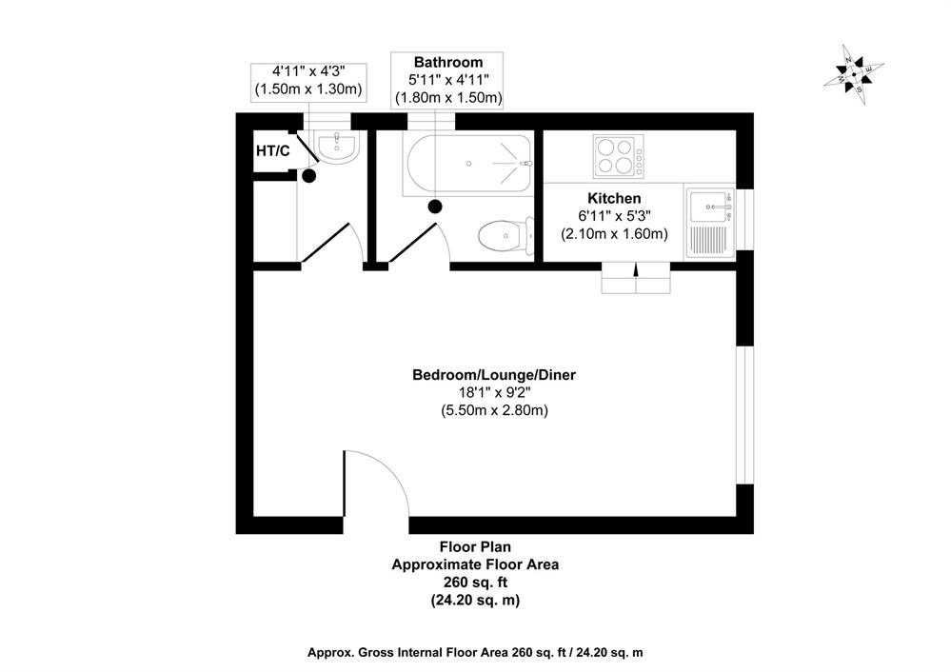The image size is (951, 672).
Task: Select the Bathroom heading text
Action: [447, 63]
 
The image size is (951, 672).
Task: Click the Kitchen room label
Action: [613, 198]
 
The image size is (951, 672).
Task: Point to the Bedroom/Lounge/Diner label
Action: [494, 375]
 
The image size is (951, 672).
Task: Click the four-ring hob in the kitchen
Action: [617, 156]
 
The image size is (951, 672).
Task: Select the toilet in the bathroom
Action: [503, 234]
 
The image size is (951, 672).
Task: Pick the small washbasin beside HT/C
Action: [337, 146]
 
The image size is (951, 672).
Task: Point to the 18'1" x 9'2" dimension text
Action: [494, 393]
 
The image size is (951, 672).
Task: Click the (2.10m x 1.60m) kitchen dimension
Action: [613, 233]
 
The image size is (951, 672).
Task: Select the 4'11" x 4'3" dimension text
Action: [308, 71]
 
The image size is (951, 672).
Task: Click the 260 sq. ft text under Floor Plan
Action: [475, 582]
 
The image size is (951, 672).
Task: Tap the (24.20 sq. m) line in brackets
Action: [475, 600]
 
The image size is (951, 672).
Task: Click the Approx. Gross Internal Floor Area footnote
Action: [475, 652]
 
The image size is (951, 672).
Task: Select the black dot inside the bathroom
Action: [435, 206]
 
